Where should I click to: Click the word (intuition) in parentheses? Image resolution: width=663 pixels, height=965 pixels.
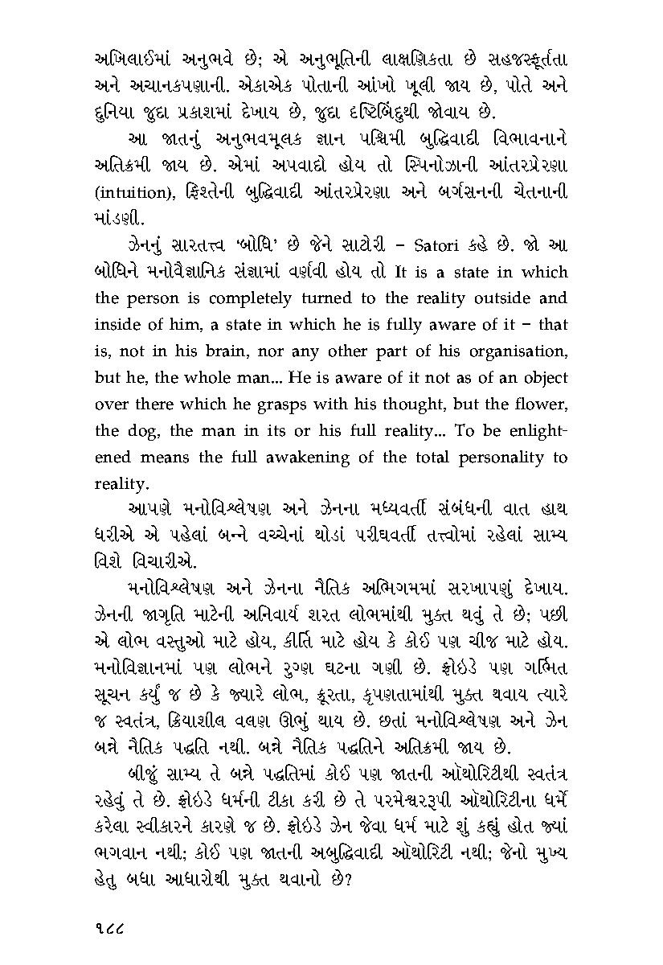click(131, 193)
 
